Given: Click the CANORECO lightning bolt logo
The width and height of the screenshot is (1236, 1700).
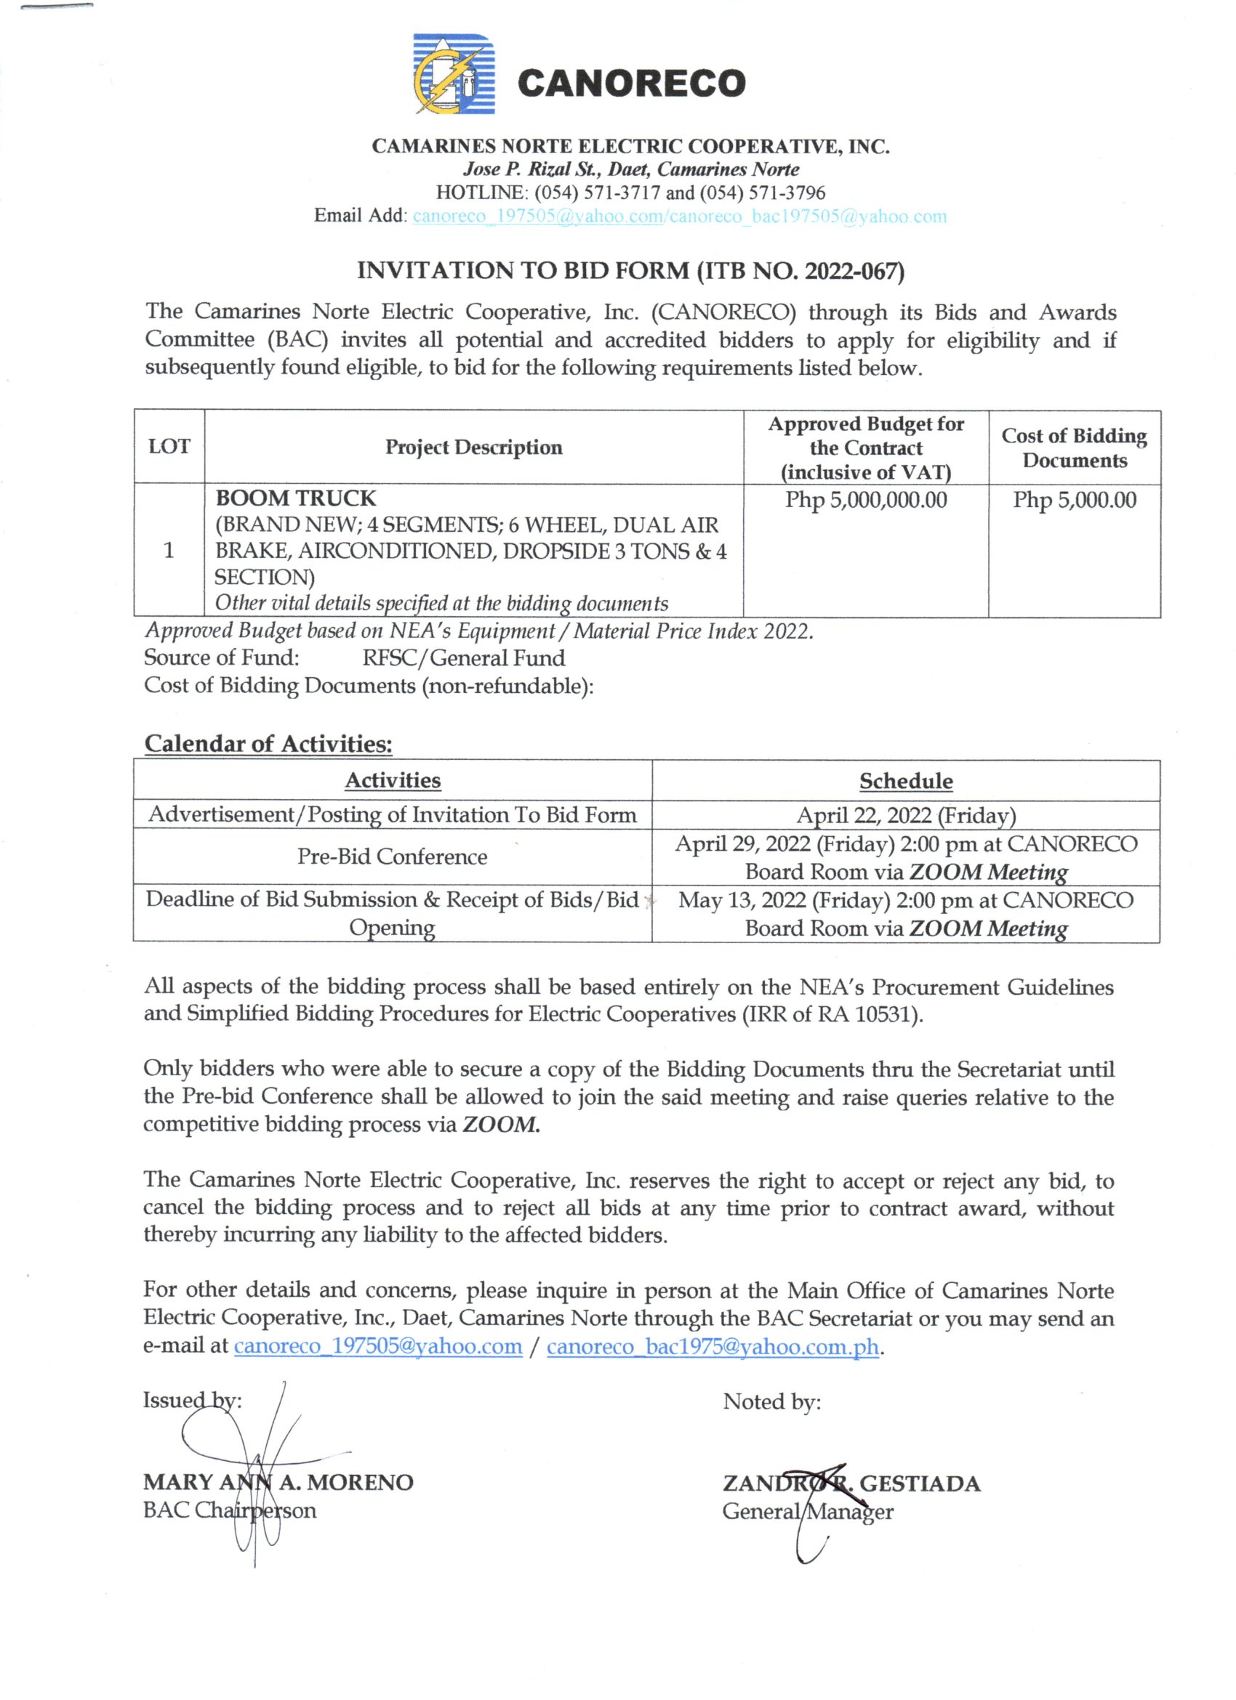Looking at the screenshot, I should (x=454, y=74).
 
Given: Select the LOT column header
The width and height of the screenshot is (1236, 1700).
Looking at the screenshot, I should (x=169, y=447).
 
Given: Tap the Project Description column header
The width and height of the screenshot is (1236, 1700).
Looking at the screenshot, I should (x=473, y=448).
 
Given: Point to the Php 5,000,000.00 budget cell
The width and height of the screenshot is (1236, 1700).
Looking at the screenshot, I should (x=865, y=500).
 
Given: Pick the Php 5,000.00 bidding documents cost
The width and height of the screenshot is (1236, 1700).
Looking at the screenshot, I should (x=1074, y=500).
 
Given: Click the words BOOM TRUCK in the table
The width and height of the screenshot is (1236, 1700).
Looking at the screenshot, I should (x=295, y=498).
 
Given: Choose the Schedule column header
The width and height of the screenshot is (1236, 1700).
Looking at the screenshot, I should (x=905, y=781).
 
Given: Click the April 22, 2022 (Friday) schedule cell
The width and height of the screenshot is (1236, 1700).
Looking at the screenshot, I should (x=905, y=815).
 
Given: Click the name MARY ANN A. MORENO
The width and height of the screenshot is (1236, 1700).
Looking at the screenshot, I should (x=278, y=1482).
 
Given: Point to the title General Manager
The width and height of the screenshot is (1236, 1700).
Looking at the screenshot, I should (x=807, y=1511).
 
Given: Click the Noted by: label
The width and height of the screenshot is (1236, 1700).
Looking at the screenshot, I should (x=771, y=1401).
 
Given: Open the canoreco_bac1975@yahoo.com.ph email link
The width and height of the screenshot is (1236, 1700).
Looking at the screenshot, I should (x=712, y=1347).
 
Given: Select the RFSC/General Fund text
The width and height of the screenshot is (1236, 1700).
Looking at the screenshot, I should (x=464, y=658).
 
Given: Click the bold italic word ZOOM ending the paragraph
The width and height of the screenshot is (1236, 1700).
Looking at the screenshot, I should (x=499, y=1125).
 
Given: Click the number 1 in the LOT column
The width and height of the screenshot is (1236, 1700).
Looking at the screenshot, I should (x=169, y=550).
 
